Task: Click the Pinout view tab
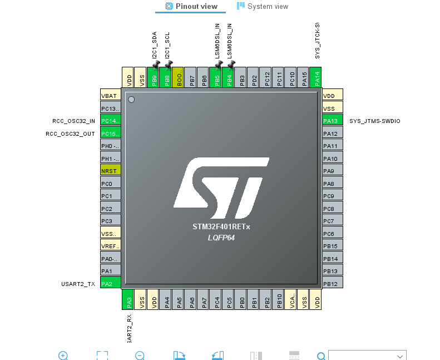click(x=191, y=6)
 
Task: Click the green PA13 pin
click(x=333, y=121)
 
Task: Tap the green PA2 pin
click(x=110, y=283)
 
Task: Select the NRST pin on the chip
click(x=110, y=171)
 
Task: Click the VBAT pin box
click(x=110, y=95)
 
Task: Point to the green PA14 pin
click(x=315, y=77)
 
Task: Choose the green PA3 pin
click(x=128, y=299)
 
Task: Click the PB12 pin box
click(x=333, y=284)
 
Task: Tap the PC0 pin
click(x=110, y=183)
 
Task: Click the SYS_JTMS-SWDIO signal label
click(x=374, y=121)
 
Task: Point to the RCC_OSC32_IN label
click(x=70, y=121)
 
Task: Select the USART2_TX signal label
click(x=78, y=284)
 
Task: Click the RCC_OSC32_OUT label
click(x=70, y=134)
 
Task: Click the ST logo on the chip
click(x=221, y=188)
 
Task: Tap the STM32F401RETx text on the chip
click(x=221, y=227)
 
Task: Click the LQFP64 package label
click(x=221, y=238)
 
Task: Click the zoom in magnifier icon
click(x=63, y=356)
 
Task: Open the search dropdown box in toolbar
click(x=367, y=356)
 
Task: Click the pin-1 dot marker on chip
click(x=131, y=100)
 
